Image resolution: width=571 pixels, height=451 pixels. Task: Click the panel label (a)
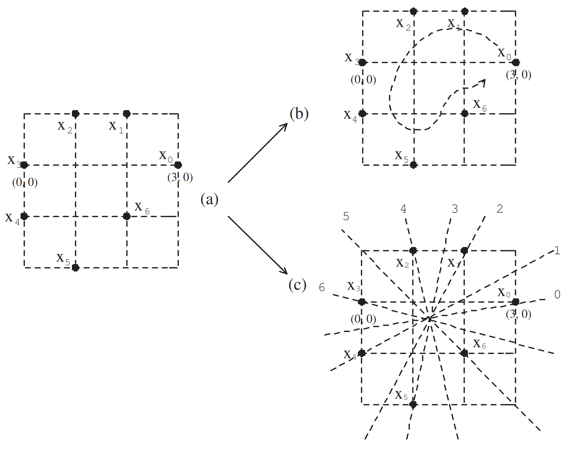(x=209, y=199)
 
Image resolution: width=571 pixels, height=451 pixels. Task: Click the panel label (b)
(x=299, y=114)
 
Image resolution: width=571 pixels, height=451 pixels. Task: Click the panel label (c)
(x=297, y=285)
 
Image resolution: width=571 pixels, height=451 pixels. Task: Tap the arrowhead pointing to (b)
(x=285, y=125)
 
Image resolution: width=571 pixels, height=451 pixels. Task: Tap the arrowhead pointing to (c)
(x=285, y=272)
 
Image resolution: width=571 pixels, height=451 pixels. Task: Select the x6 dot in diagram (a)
(x=127, y=216)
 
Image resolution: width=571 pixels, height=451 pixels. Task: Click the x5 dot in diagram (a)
(x=76, y=268)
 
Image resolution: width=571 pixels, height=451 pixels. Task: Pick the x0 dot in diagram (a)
(x=178, y=165)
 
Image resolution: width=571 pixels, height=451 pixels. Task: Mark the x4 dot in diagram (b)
(x=363, y=114)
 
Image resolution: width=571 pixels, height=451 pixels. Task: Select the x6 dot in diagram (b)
(x=464, y=114)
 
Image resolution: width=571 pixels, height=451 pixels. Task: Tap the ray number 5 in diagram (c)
(x=346, y=217)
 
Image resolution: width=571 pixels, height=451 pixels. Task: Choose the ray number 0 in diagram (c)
(x=557, y=294)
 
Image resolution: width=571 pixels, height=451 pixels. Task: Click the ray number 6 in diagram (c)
(x=322, y=287)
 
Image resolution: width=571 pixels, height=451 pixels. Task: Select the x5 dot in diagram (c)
(x=413, y=404)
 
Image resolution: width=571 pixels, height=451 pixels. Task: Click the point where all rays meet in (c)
(x=429, y=319)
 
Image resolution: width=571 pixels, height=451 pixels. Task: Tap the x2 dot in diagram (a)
(x=76, y=114)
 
